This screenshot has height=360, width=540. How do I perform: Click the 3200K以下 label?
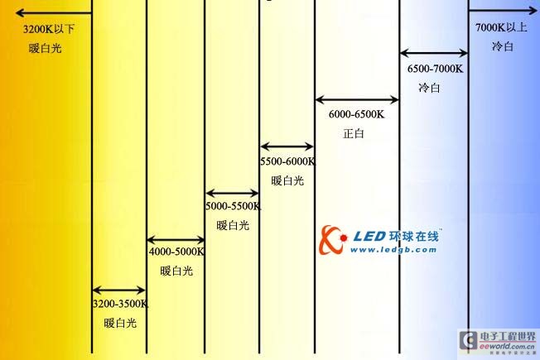tap(49, 29)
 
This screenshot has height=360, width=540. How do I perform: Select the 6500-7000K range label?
tap(434, 70)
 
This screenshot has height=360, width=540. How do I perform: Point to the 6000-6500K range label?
tap(357, 115)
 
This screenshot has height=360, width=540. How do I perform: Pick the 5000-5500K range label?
tap(233, 207)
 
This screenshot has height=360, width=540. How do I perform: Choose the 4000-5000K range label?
tap(176, 252)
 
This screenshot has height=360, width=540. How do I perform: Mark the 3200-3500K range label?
tap(120, 304)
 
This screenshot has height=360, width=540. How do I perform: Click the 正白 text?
tap(354, 133)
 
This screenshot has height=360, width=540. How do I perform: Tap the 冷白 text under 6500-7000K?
tap(429, 88)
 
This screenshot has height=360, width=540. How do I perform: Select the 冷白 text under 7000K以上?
tap(502, 47)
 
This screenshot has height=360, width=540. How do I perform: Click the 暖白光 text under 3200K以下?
tap(45, 48)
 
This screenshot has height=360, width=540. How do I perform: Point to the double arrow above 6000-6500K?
tap(357, 100)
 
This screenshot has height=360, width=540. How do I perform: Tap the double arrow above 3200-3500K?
tap(118, 290)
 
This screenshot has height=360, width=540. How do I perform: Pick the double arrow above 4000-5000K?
tap(176, 239)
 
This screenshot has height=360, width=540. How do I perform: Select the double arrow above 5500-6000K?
tap(287, 146)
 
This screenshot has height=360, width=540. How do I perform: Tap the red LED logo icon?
tap(334, 240)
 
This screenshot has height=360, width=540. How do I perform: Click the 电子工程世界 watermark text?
tap(507, 336)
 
